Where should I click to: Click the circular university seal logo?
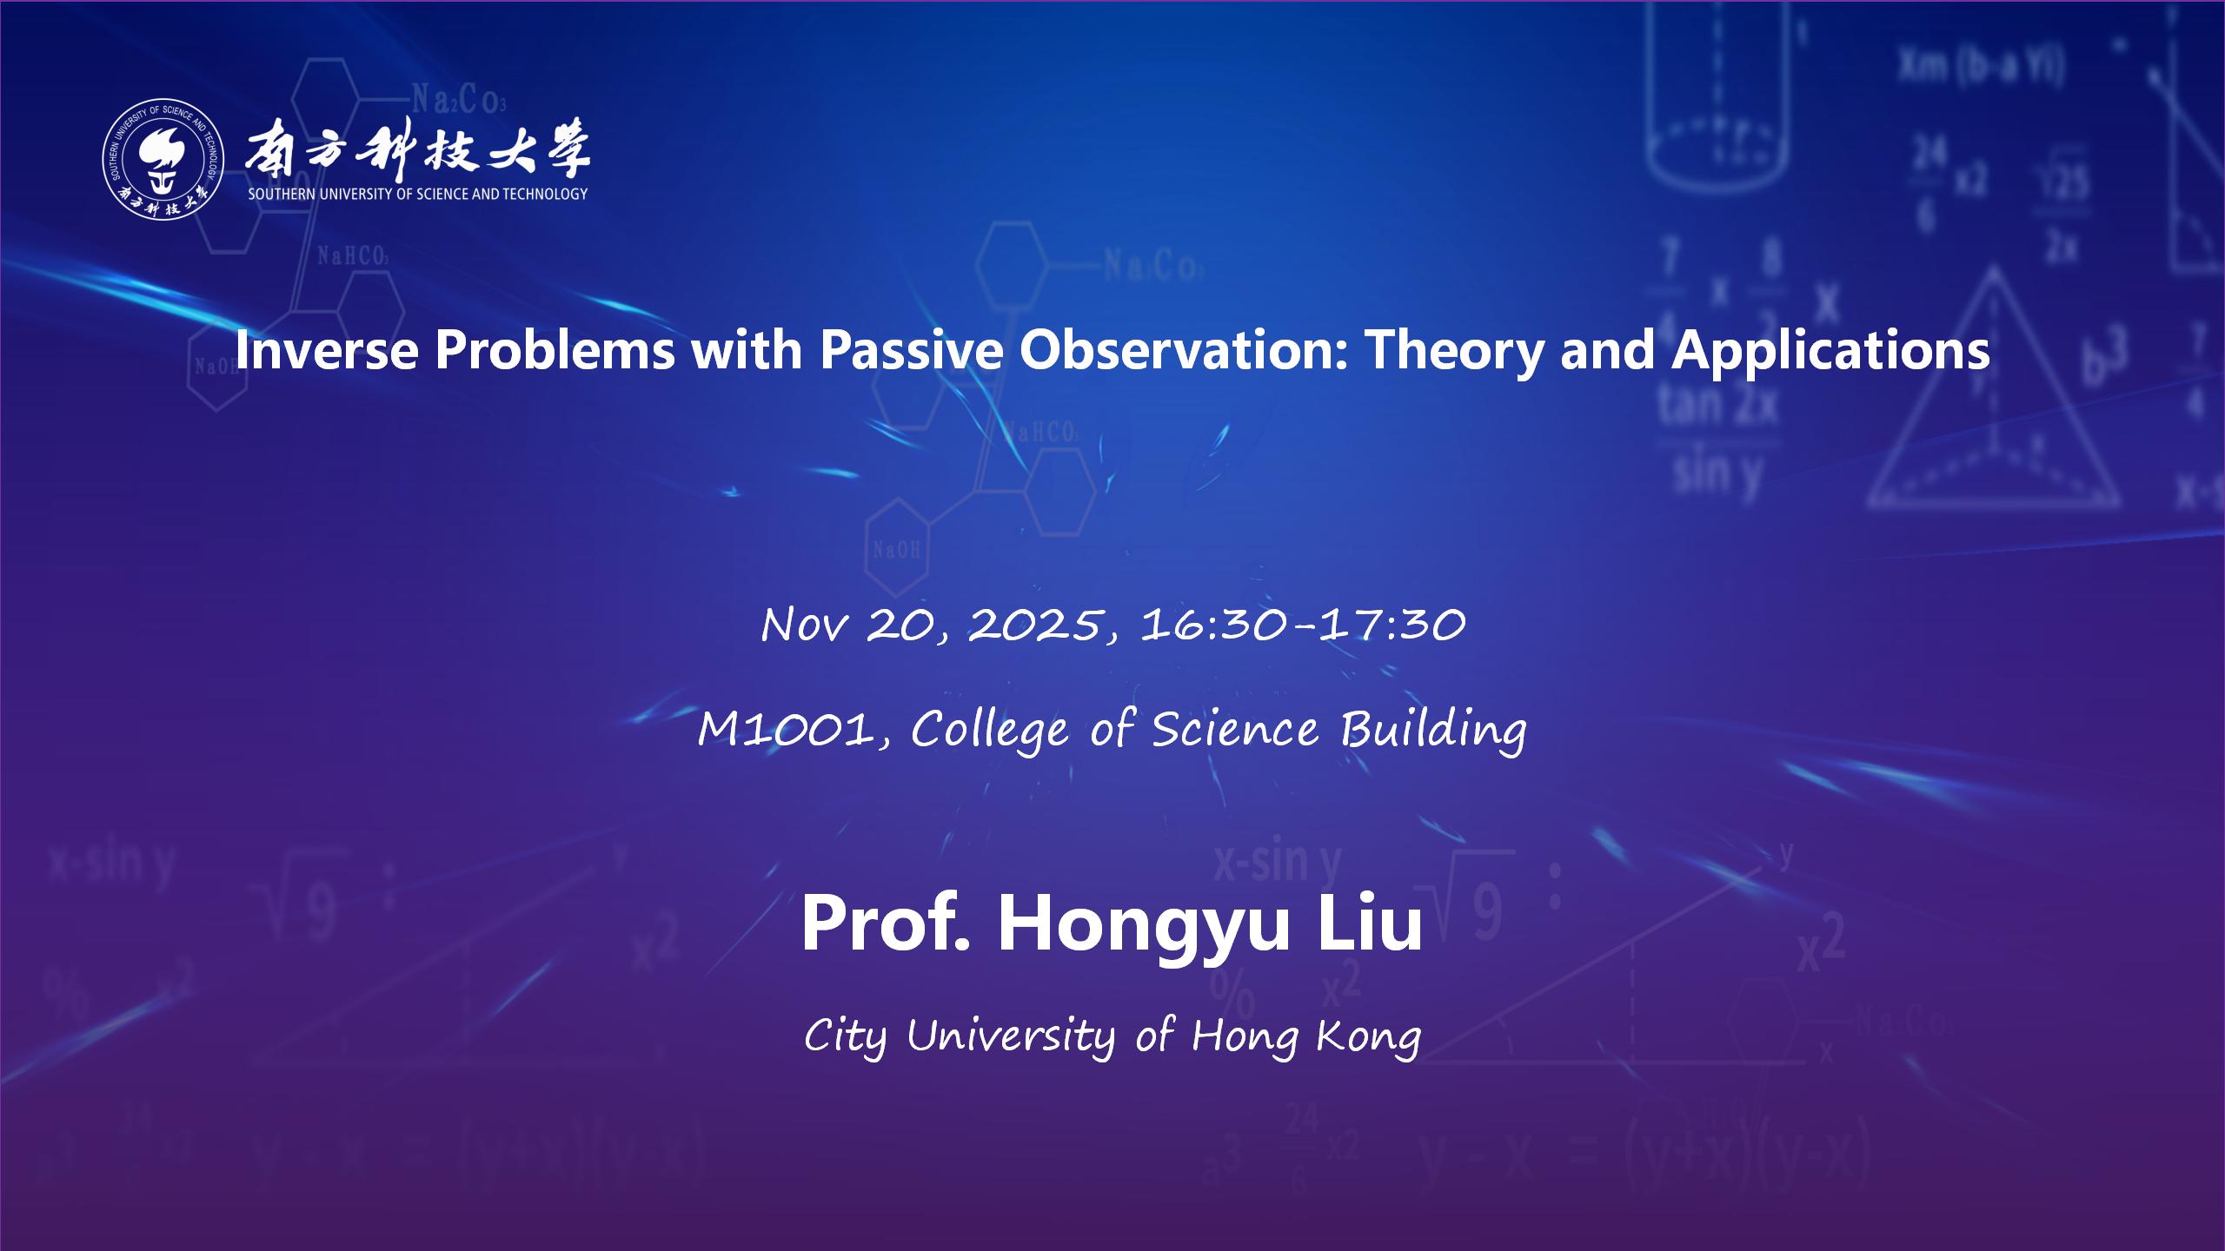click(163, 159)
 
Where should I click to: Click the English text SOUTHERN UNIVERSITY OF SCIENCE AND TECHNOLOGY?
click(418, 195)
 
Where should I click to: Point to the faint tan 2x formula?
click(1717, 405)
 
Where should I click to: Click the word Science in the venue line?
click(1235, 730)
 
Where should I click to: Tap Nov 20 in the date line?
click(851, 625)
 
